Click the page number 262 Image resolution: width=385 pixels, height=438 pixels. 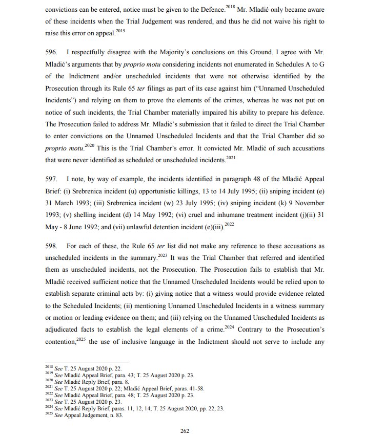185,431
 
